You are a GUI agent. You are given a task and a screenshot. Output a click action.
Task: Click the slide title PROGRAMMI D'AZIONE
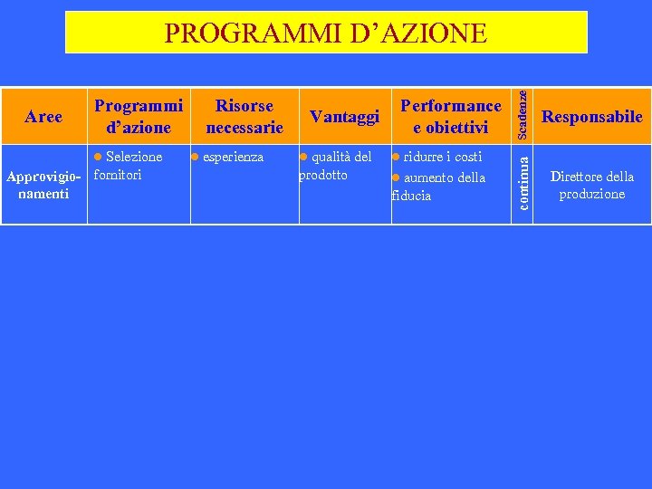click(x=326, y=34)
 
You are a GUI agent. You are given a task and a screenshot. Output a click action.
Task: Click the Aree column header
click(x=43, y=116)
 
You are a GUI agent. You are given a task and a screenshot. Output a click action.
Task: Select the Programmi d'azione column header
click(x=139, y=116)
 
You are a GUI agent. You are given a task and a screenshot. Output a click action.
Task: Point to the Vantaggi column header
click(x=343, y=116)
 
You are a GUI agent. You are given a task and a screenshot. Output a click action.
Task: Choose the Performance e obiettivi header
click(x=451, y=116)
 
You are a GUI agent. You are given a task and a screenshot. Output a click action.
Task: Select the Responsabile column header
click(x=591, y=116)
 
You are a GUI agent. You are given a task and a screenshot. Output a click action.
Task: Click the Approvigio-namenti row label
click(x=43, y=184)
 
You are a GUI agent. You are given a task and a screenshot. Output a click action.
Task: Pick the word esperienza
click(x=233, y=157)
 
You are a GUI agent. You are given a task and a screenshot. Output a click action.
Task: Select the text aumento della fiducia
click(x=439, y=186)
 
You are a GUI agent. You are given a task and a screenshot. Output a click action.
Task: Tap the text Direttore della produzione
click(x=591, y=185)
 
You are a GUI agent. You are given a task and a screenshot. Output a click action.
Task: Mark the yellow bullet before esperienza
click(x=195, y=158)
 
